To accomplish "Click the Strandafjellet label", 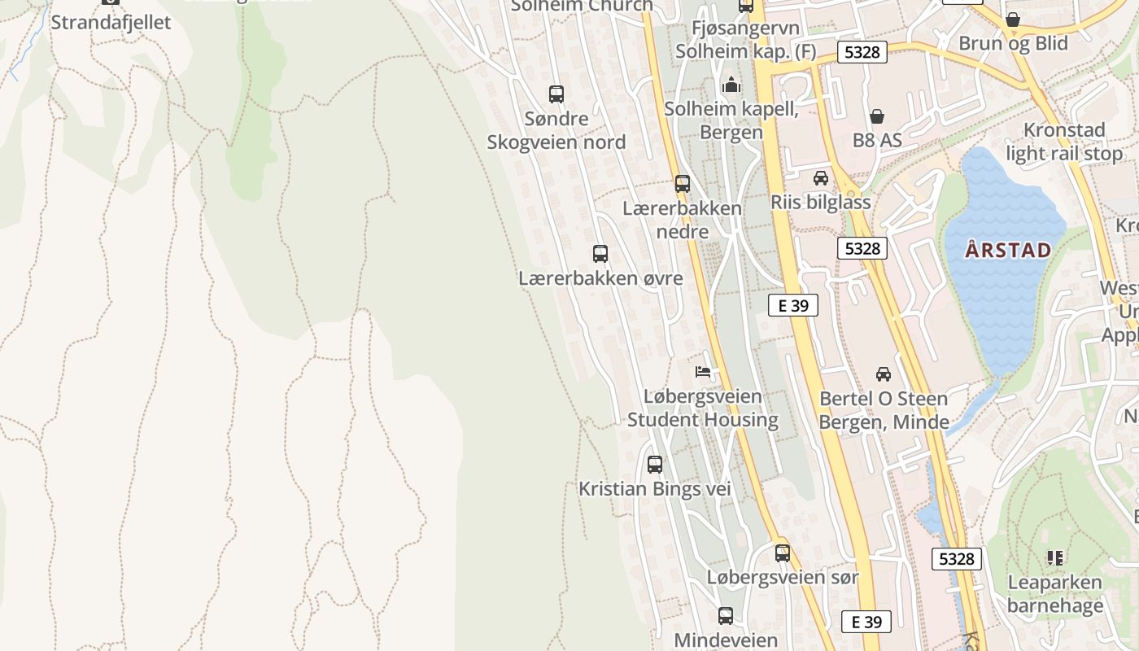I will coord(111,22).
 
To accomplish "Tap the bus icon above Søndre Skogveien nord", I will coord(556,94).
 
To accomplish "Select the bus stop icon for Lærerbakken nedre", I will coord(683,184).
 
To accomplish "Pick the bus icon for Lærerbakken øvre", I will coord(600,254).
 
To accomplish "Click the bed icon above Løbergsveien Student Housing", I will coord(703,373).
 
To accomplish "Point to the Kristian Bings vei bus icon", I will coord(655,465).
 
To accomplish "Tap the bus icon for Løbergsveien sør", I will coord(783,553).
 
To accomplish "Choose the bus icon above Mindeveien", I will coord(726,616).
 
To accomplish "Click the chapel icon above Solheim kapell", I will coord(731,85).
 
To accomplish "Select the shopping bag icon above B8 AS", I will coord(877,116).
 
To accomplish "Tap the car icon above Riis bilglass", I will coord(821,178).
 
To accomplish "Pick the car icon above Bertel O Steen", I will coord(884,374).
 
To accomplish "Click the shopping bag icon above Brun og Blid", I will coord(1013,20).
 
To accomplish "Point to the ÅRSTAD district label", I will coord(1008,250).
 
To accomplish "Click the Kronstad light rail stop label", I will coord(1064,142).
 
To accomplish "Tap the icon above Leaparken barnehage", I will coord(1055,558).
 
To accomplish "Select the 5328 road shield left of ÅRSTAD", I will coord(862,248).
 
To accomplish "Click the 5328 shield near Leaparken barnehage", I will coord(956,559).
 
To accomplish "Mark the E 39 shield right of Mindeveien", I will coord(866,622).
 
